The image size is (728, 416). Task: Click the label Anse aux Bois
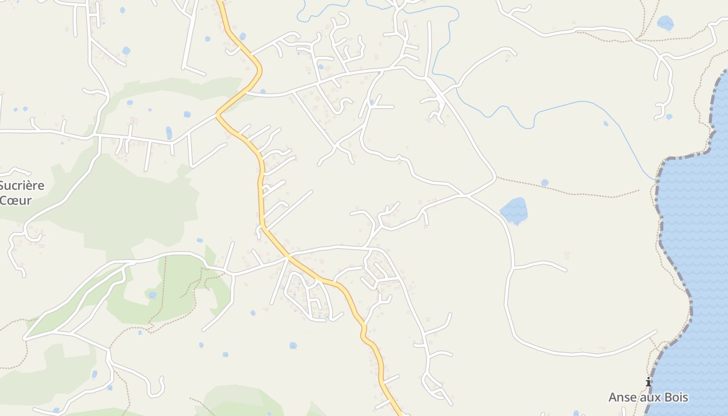click(648, 398)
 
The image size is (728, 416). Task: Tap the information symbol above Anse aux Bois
click(648, 382)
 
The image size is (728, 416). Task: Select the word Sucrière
click(22, 186)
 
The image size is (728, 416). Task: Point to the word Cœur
click(16, 201)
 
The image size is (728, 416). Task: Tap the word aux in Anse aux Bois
click(649, 398)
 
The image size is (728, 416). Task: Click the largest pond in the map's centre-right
click(514, 211)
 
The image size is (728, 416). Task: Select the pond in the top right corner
click(665, 23)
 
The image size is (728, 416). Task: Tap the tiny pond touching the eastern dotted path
click(544, 183)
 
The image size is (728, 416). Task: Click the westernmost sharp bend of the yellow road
click(217, 114)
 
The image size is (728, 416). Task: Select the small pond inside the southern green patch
click(152, 295)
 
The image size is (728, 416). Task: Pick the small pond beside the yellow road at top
click(242, 36)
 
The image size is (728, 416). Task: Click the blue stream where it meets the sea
click(655, 180)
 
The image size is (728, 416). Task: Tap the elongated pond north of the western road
click(168, 133)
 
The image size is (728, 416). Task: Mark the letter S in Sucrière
click(2, 186)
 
